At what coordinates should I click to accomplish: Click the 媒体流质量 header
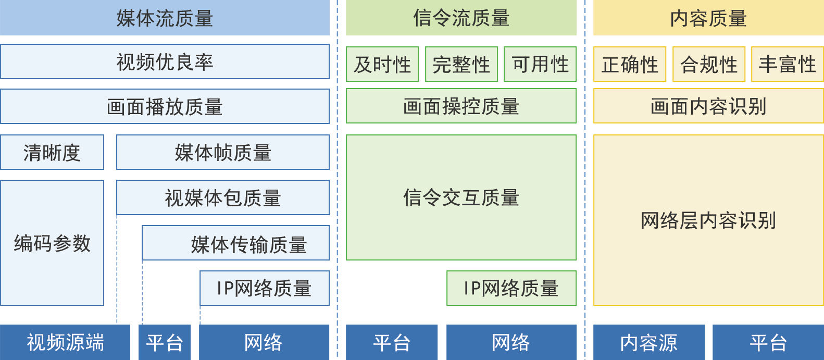[x=165, y=18]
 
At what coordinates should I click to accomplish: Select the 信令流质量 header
[x=461, y=18]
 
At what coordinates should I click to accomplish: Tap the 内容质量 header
[x=708, y=18]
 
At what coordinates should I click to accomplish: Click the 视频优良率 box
[x=165, y=62]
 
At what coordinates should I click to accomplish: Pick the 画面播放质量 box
[x=165, y=107]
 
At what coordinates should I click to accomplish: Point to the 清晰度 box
[x=52, y=153]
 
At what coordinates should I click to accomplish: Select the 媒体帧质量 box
[x=223, y=153]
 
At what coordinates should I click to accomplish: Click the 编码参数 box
[x=52, y=243]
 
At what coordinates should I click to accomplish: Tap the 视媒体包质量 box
[x=223, y=198]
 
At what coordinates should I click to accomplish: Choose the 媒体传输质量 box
[x=236, y=243]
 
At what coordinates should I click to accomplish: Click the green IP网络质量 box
[x=511, y=288]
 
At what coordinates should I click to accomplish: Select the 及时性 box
[x=382, y=65]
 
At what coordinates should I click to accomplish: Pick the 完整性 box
[x=461, y=65]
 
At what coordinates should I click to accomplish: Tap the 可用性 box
[x=540, y=65]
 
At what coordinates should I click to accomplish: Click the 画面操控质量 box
[x=461, y=106]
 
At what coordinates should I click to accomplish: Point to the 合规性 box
[x=709, y=65]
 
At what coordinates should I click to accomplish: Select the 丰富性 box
[x=787, y=65]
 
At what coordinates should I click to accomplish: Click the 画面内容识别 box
[x=708, y=106]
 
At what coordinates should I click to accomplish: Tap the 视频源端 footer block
[x=66, y=342]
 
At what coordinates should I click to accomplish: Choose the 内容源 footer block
[x=649, y=342]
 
